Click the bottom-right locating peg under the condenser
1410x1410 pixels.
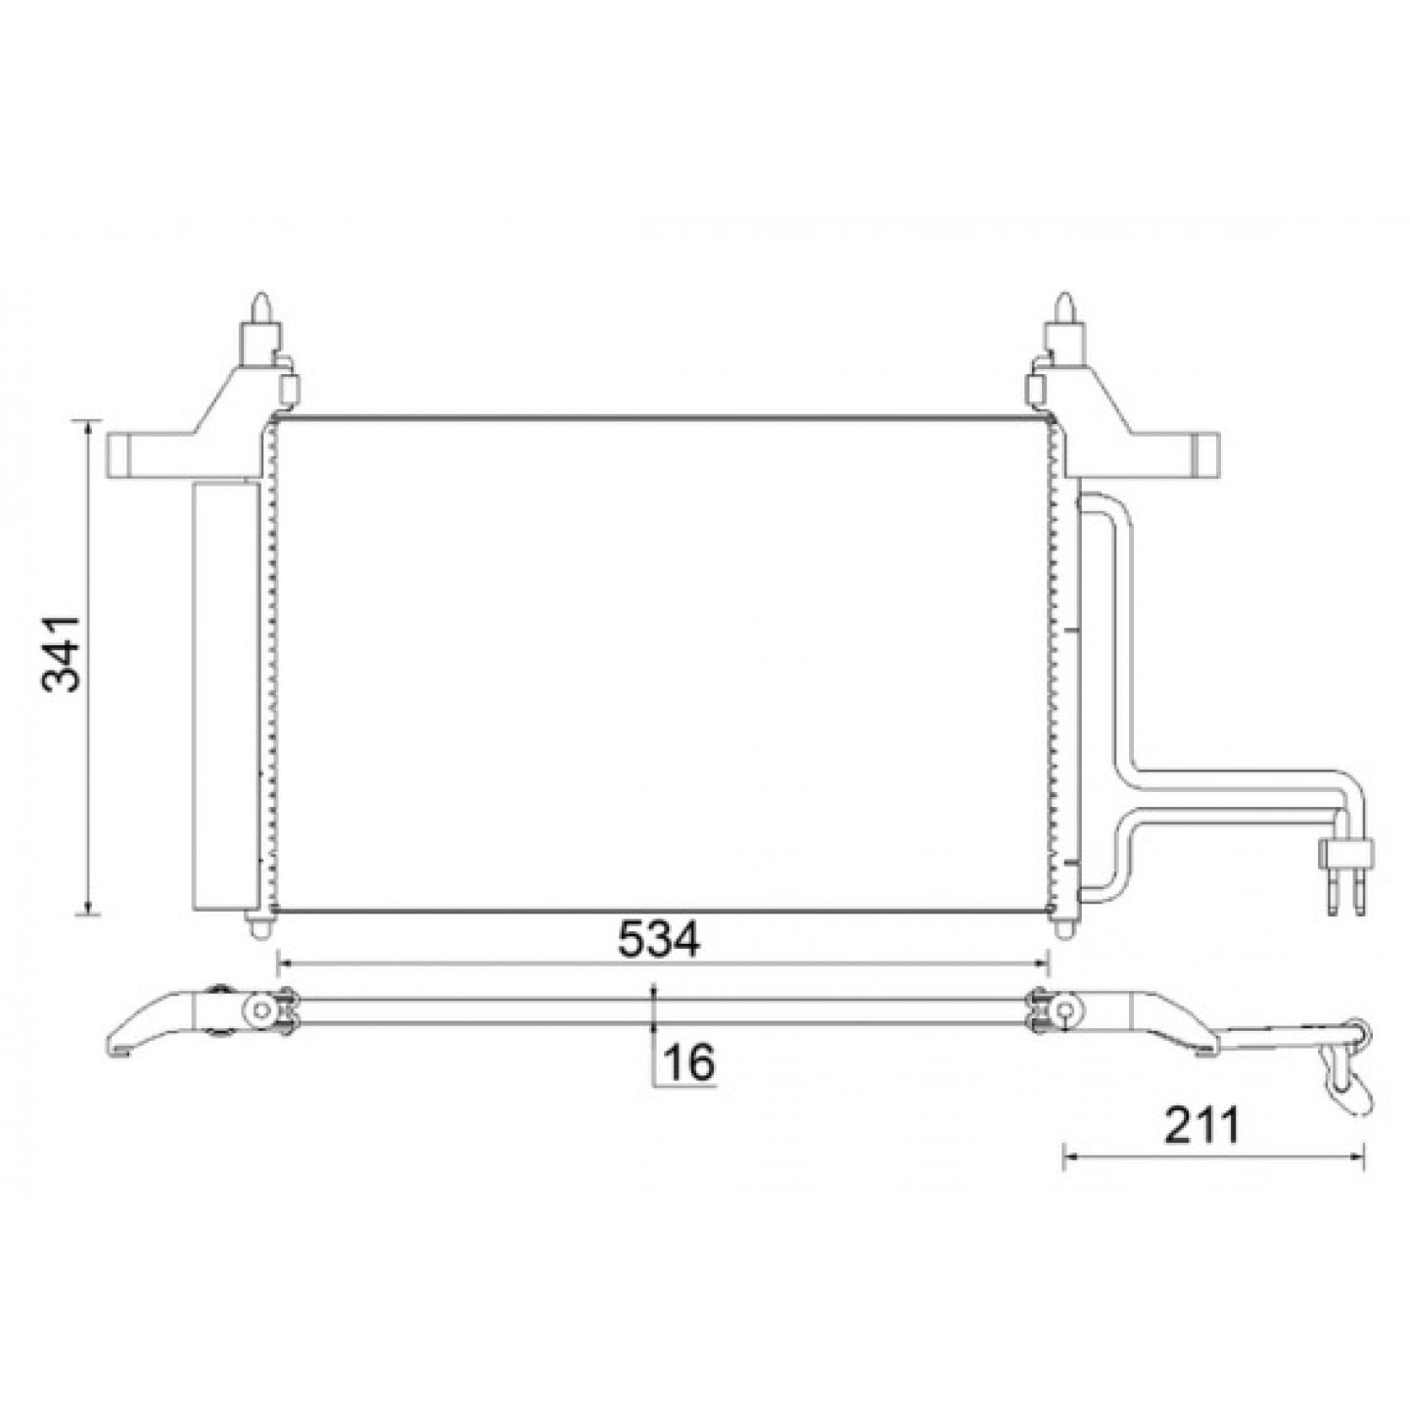click(x=1064, y=927)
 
